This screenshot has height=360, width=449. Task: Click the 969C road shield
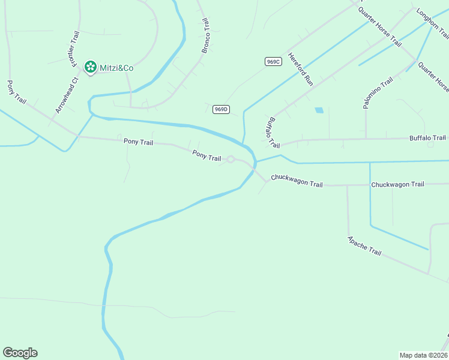(273, 61)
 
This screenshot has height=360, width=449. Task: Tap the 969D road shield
(221, 109)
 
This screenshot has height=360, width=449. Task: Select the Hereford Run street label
(301, 68)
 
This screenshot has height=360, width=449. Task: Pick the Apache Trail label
(364, 245)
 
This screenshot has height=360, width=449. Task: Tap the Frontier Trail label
(73, 49)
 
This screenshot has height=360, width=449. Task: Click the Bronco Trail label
(205, 35)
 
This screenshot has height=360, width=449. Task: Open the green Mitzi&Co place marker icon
(91, 67)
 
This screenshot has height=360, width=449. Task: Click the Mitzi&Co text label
(116, 68)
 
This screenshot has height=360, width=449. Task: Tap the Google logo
(20, 353)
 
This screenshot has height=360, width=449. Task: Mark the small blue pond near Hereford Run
(319, 110)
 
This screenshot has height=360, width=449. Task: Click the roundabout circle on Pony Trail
(231, 159)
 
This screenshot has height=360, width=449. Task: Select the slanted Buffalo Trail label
(273, 133)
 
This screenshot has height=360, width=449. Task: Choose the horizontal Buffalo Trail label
(428, 138)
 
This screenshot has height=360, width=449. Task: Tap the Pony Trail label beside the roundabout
(206, 156)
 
